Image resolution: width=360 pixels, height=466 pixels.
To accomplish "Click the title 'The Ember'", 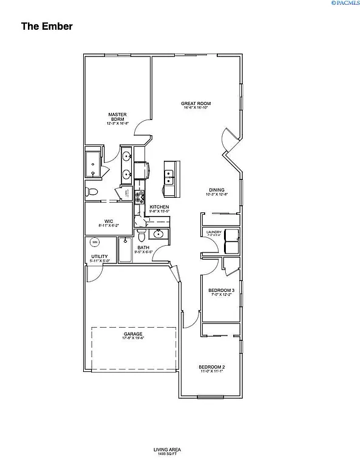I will point(47,26).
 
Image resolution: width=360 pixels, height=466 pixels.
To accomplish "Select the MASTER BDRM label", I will point(117,116).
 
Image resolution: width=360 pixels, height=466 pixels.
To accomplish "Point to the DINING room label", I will point(216,191).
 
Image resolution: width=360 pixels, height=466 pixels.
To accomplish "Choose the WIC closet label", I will point(109,222).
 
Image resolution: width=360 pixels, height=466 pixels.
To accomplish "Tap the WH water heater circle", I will point(94,243).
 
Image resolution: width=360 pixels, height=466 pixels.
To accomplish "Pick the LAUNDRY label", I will point(214,232).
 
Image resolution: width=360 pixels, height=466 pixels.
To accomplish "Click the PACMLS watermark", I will point(344,4).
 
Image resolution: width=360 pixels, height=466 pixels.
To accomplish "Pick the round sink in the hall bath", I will point(159,234).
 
